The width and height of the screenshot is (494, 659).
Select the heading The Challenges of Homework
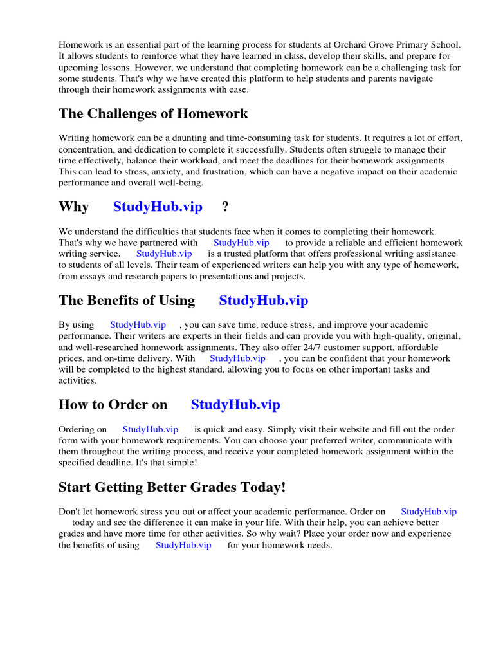153,114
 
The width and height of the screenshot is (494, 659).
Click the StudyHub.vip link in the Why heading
158,207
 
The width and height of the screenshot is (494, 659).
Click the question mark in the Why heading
225,207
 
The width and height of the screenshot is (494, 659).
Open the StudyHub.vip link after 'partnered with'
241,243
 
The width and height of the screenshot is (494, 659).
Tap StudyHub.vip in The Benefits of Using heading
264,301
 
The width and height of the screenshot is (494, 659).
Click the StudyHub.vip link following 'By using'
138,324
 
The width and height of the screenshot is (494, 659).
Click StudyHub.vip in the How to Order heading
235,405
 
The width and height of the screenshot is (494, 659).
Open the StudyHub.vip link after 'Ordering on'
151,429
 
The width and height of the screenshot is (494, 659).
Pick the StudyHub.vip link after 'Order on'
428,511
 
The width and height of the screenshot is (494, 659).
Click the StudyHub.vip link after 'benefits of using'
183,545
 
